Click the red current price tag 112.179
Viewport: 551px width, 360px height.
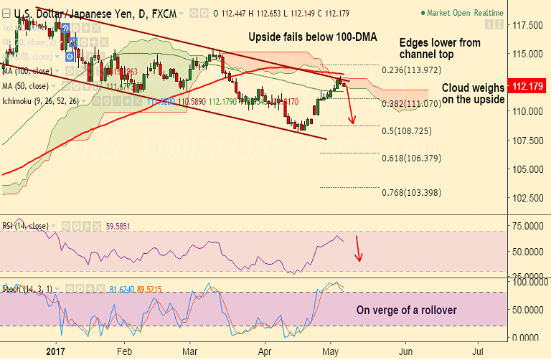[527, 87]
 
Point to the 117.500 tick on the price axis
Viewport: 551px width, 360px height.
[526, 25]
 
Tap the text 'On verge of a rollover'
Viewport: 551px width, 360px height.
[406, 311]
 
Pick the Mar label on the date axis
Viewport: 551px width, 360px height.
[190, 352]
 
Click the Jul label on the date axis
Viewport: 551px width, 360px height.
[479, 352]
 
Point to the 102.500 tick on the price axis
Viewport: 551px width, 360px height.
[526, 198]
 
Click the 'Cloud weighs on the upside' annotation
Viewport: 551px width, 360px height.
[473, 93]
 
